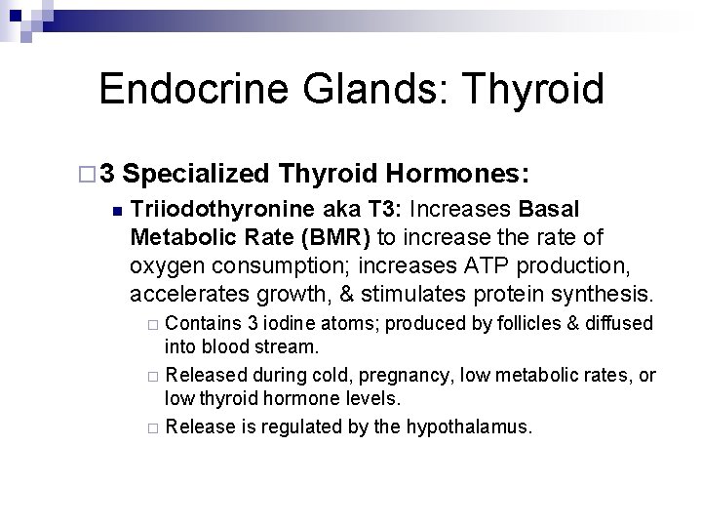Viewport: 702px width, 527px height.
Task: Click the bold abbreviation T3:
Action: pyautogui.click(x=385, y=211)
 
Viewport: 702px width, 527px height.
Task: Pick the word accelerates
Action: pyautogui.click(x=181, y=293)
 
